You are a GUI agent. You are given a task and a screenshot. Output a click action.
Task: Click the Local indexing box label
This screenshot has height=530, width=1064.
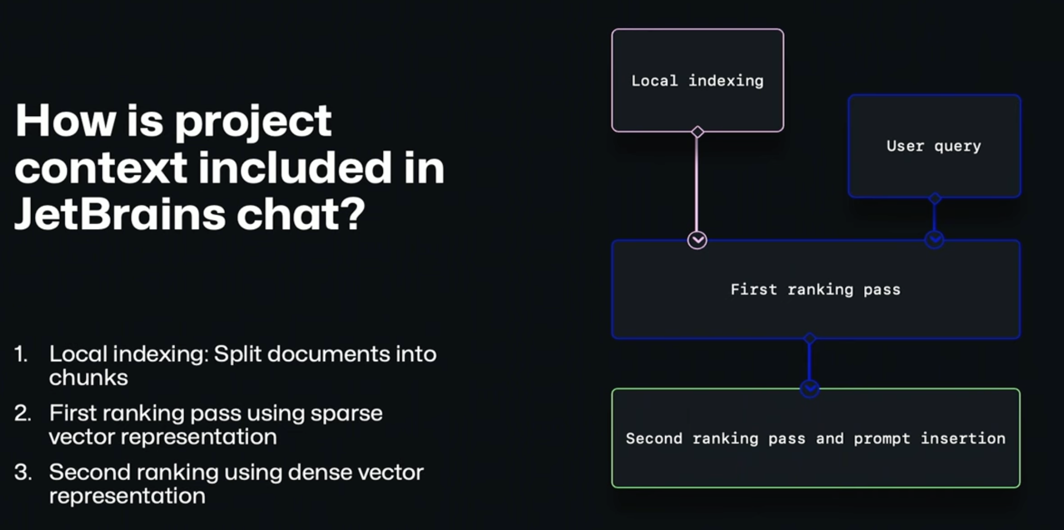coord(697,81)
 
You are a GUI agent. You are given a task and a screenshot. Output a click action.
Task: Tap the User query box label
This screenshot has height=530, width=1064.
coord(933,146)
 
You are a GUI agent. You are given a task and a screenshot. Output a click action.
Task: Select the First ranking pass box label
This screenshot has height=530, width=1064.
coord(815,289)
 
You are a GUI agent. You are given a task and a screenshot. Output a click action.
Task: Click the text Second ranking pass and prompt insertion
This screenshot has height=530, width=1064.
coord(815,438)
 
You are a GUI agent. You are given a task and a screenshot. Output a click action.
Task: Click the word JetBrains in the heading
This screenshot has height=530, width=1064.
coord(120,214)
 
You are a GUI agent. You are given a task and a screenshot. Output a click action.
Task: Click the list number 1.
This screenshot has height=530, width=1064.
coord(21,354)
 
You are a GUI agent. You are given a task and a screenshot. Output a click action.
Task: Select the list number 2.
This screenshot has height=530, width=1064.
coord(22,413)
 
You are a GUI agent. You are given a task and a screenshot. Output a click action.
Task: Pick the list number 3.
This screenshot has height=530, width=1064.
coord(23,472)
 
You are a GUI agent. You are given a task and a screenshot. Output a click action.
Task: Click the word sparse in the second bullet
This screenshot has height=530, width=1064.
coord(346,413)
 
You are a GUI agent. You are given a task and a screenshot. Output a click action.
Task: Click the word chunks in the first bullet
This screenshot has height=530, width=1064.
coord(88,378)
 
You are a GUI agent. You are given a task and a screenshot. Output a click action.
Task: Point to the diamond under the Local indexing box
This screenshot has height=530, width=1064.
coord(698,132)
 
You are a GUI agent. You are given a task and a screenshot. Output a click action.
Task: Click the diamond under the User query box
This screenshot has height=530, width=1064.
coord(935,198)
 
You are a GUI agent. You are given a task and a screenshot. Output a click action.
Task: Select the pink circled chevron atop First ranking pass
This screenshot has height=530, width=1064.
coord(697,240)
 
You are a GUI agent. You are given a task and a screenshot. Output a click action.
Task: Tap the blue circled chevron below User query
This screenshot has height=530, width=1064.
coord(934,240)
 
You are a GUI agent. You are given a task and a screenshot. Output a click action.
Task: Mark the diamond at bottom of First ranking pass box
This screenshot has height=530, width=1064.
coord(810,339)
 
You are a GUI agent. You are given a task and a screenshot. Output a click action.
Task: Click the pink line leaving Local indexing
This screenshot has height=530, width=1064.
coord(697,184)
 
